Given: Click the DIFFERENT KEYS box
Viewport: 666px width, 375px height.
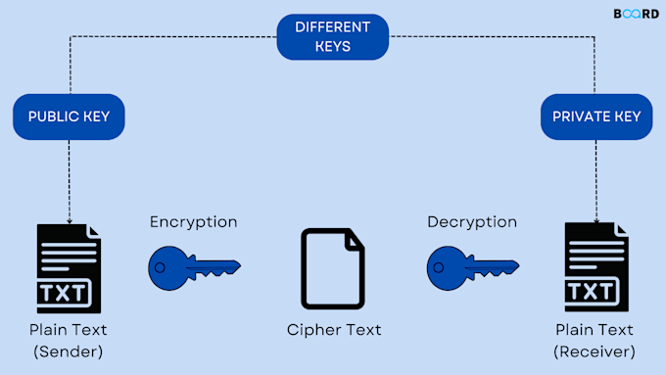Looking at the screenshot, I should pos(333,37).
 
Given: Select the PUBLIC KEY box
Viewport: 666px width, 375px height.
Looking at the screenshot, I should pos(69,117).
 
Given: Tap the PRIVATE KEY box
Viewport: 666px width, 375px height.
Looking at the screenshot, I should pos(596,117).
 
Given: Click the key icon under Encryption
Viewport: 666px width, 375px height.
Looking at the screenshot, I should pos(194,264).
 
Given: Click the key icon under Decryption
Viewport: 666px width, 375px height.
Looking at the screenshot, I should pos(472,264).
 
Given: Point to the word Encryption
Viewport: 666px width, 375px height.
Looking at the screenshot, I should pos(193,222).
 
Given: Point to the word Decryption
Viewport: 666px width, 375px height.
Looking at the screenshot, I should pos(472,222).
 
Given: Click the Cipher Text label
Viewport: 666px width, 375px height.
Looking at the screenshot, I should pos(333,330).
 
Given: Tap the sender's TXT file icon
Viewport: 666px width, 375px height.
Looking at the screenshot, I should pos(69,265).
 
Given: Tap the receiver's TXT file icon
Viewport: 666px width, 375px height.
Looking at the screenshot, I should pos(596,265).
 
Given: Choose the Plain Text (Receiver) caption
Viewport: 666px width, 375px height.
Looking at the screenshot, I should pos(595,340).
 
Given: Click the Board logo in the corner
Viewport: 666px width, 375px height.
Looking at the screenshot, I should pos(636,14).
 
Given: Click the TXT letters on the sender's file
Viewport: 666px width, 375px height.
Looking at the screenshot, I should pos(66,292).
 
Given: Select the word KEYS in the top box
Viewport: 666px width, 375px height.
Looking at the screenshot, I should pos(333,46).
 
